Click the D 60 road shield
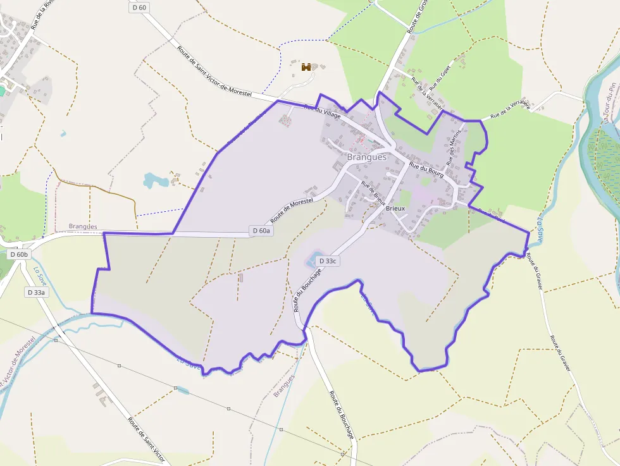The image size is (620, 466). (x=139, y=8)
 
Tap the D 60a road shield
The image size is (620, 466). (x=261, y=231)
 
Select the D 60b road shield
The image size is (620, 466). (x=19, y=254)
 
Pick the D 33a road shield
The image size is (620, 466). (x=36, y=292)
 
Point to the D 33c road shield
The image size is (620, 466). (x=328, y=261)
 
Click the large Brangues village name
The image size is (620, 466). (x=366, y=157)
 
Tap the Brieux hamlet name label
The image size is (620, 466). (x=395, y=207)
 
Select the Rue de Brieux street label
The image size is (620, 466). (x=373, y=192)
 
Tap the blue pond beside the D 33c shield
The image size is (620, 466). (x=312, y=261)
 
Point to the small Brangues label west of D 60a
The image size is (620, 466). (x=83, y=226)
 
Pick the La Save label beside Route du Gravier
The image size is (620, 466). (x=540, y=227)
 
